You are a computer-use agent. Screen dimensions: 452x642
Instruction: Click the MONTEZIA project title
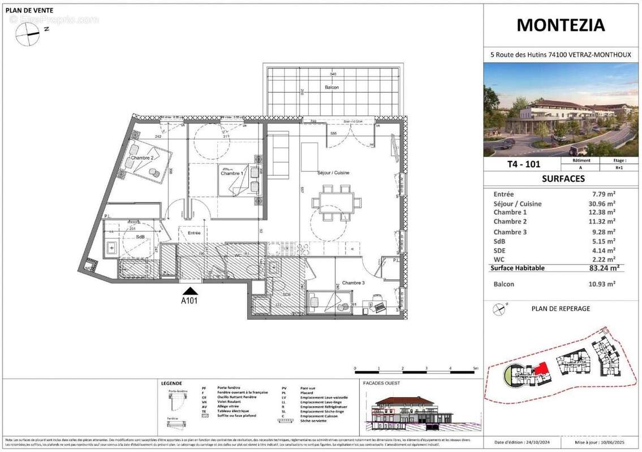point(561,25)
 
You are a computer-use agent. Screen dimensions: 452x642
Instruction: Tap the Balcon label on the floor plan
point(332,88)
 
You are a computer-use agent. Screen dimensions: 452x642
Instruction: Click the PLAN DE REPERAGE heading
point(561,308)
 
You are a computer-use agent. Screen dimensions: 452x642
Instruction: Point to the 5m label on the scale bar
point(475,368)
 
